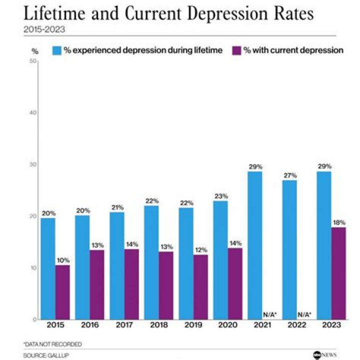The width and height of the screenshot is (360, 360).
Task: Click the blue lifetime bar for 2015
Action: [48, 268]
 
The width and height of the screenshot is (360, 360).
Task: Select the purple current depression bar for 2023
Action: [338, 273]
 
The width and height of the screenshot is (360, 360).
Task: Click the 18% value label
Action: [338, 222]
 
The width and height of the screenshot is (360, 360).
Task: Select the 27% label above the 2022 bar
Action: [290, 175]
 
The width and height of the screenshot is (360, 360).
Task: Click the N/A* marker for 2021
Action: [270, 314]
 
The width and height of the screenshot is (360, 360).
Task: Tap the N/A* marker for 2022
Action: [304, 314]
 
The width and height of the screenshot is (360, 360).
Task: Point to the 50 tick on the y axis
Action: [34, 61]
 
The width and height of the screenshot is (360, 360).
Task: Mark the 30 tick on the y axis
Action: [34, 164]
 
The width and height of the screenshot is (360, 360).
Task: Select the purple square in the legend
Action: [237, 50]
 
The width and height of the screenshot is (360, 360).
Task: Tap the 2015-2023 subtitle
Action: [44, 29]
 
